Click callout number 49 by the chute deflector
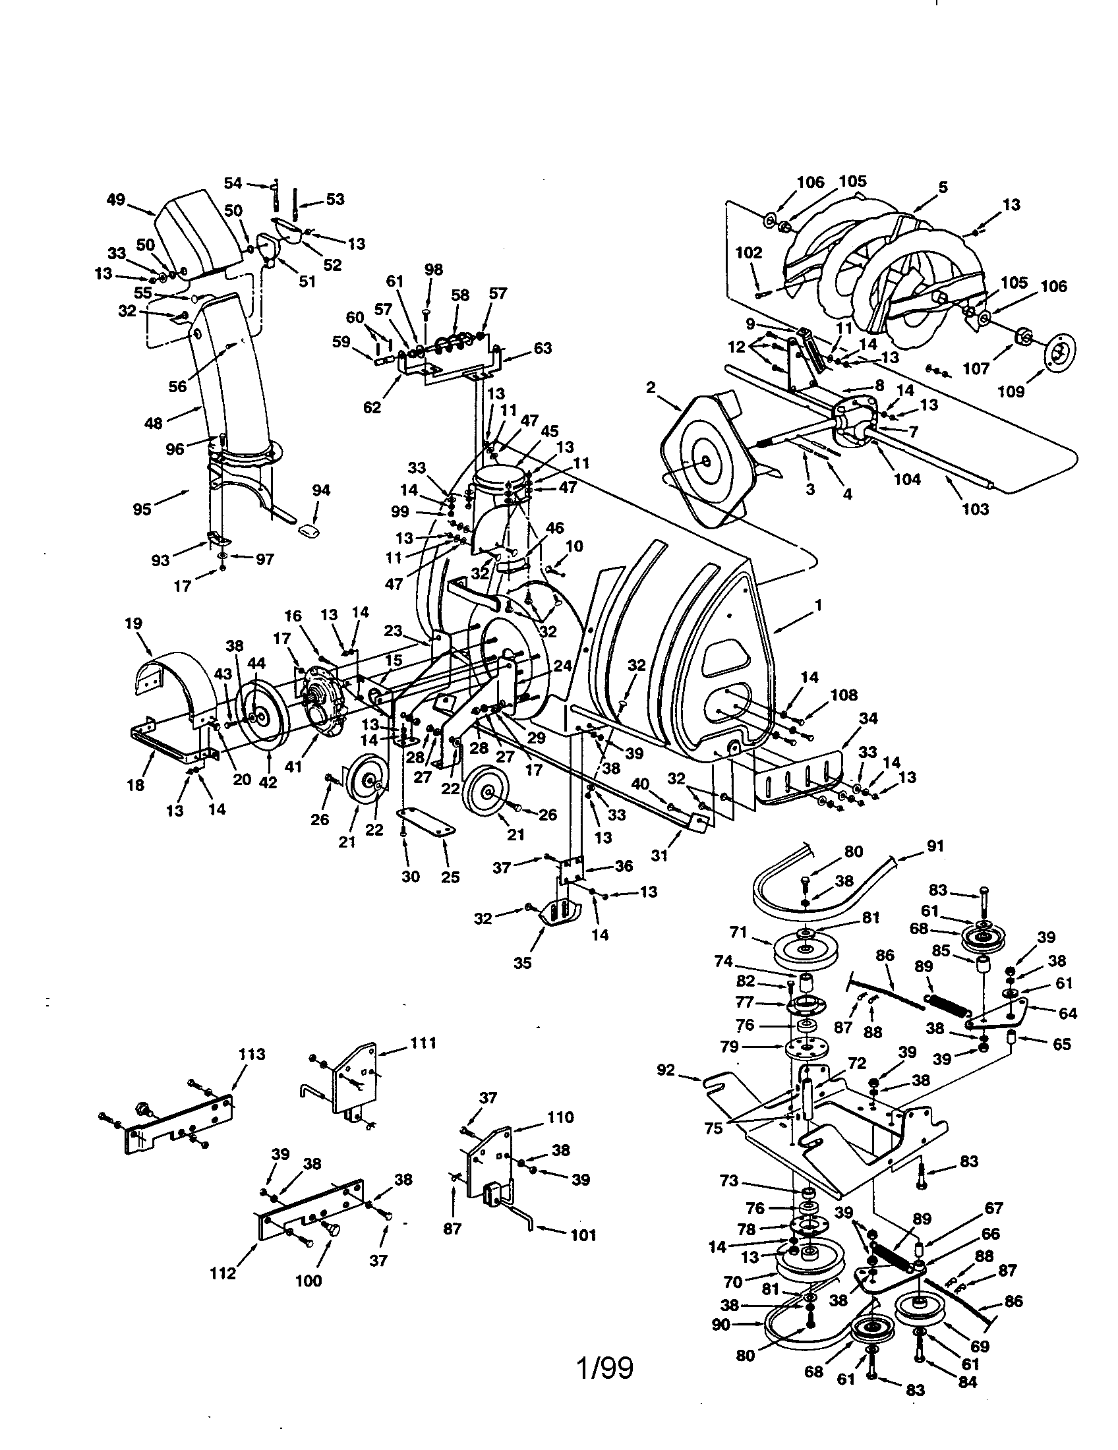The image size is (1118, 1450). coord(115,198)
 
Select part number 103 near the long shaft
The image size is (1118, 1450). coord(975,509)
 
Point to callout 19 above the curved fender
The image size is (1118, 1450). coord(132,623)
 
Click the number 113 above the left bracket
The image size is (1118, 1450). coord(252,1055)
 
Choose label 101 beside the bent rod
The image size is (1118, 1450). coord(582,1235)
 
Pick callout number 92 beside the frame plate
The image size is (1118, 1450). coord(665,1070)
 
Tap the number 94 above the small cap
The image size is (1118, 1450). coord(320,490)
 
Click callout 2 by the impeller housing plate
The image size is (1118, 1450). coord(650,386)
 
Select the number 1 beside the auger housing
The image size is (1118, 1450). coord(819,605)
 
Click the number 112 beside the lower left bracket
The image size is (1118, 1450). coord(223,1273)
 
